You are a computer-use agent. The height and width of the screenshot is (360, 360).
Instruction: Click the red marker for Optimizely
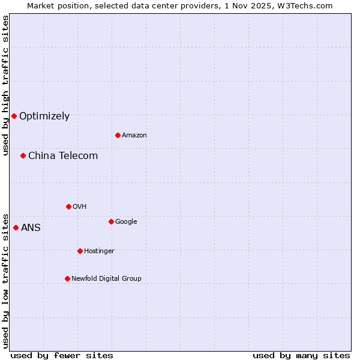14,116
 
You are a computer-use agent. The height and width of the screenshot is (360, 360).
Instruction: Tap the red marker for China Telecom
23,155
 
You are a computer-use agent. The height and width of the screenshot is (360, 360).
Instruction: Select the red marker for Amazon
118,135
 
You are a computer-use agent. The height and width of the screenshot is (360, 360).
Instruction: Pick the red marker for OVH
68,206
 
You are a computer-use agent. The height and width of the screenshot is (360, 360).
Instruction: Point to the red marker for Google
111,221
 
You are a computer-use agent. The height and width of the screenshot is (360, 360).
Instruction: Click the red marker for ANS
16,227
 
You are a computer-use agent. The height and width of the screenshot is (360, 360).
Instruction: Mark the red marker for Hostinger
80,251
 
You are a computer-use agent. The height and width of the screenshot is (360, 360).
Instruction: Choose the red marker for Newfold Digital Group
67,278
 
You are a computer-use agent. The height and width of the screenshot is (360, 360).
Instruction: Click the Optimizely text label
44,116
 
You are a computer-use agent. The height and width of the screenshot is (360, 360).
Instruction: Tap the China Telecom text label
63,156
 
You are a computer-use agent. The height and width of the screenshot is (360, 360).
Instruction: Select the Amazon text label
134,136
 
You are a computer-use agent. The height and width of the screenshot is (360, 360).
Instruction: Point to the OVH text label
80,207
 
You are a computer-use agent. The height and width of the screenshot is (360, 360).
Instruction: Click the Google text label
126,222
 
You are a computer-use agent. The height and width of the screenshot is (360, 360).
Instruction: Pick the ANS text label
31,228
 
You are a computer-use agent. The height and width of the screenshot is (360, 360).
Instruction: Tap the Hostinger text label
99,251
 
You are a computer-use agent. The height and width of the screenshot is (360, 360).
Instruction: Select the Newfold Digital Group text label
106,279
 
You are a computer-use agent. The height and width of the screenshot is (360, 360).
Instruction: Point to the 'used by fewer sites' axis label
62,355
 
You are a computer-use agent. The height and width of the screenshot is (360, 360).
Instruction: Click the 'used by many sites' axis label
301,355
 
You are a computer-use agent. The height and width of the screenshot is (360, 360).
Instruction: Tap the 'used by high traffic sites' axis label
5,85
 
